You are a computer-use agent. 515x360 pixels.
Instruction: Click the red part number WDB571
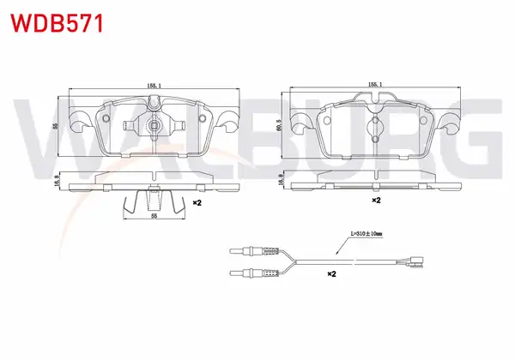tap(58, 23)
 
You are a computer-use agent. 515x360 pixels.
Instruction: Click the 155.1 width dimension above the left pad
tap(154, 86)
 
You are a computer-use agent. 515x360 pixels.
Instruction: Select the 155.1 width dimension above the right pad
tap(375, 84)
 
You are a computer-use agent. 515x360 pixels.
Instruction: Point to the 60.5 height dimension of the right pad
tap(278, 125)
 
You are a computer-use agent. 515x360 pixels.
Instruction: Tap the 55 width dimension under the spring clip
tap(154, 216)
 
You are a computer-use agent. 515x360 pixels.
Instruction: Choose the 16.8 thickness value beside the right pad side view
tap(280, 180)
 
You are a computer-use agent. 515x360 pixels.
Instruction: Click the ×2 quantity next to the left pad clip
tap(197, 203)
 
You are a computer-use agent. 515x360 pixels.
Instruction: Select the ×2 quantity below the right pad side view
tap(376, 200)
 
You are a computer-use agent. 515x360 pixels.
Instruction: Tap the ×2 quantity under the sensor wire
tap(331, 273)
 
